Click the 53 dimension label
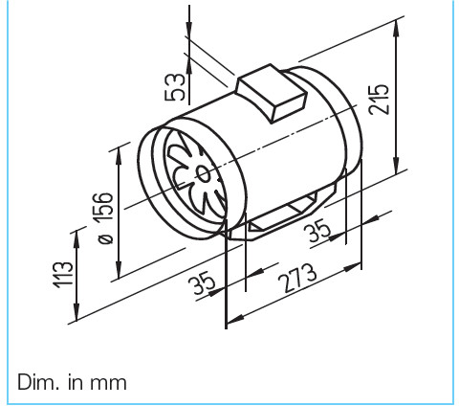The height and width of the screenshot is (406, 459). [174, 84]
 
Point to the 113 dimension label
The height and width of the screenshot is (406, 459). [64, 275]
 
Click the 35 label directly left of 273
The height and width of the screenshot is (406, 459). [203, 284]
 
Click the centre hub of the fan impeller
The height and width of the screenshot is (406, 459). [203, 172]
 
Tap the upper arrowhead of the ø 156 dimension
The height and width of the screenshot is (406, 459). [120, 150]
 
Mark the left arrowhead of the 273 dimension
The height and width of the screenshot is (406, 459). [230, 318]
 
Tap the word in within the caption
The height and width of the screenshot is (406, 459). [75, 381]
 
